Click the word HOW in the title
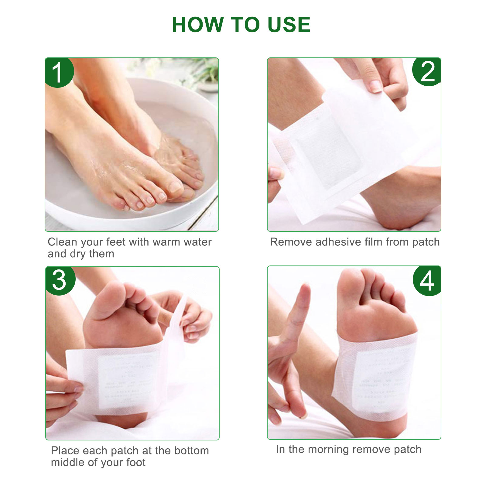coord(198,25)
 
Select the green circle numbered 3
coord(59,280)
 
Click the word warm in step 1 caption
coord(166,242)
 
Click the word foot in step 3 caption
coord(136,462)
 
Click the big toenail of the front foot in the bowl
coord(175,186)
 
